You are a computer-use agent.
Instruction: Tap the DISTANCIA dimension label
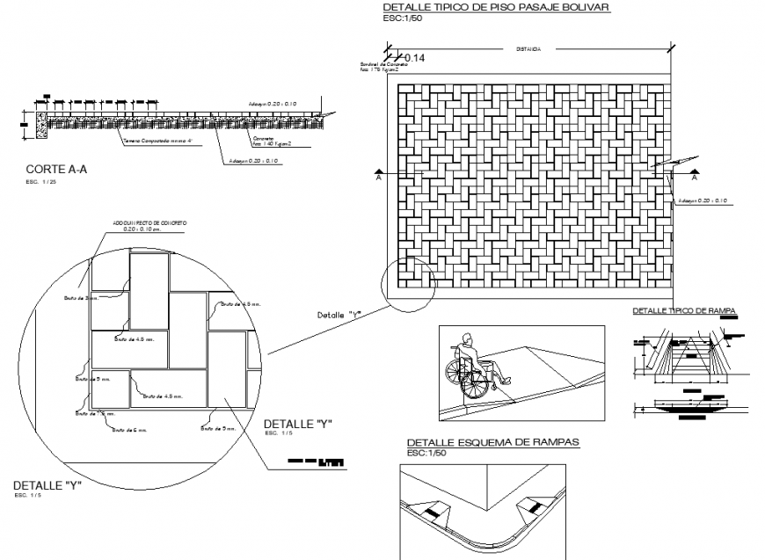(x=528, y=50)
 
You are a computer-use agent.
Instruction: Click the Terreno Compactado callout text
(x=157, y=140)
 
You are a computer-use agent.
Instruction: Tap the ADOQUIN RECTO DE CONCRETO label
(x=149, y=224)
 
